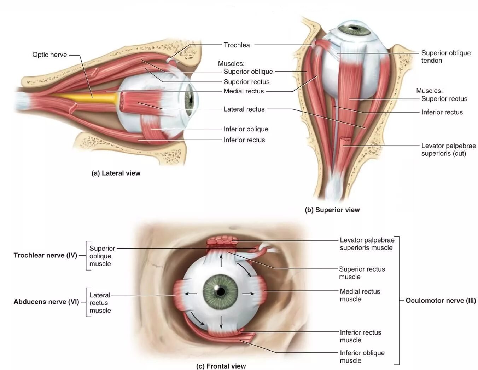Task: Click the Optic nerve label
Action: click(x=49, y=55)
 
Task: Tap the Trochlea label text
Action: click(x=237, y=45)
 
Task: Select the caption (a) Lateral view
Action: click(x=116, y=173)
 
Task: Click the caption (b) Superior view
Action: click(x=332, y=210)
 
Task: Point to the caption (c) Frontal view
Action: click(x=221, y=366)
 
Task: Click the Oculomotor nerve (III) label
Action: click(x=441, y=301)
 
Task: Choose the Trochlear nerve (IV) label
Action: click(x=45, y=255)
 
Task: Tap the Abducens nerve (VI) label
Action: click(x=46, y=302)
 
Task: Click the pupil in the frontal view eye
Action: click(x=221, y=291)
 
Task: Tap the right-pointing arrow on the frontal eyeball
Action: click(x=249, y=294)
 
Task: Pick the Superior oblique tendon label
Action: click(x=445, y=57)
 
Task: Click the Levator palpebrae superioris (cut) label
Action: click(x=448, y=149)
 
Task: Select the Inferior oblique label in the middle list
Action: click(x=246, y=129)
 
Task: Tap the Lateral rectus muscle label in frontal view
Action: click(x=100, y=303)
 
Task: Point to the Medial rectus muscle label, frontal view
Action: click(x=360, y=295)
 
